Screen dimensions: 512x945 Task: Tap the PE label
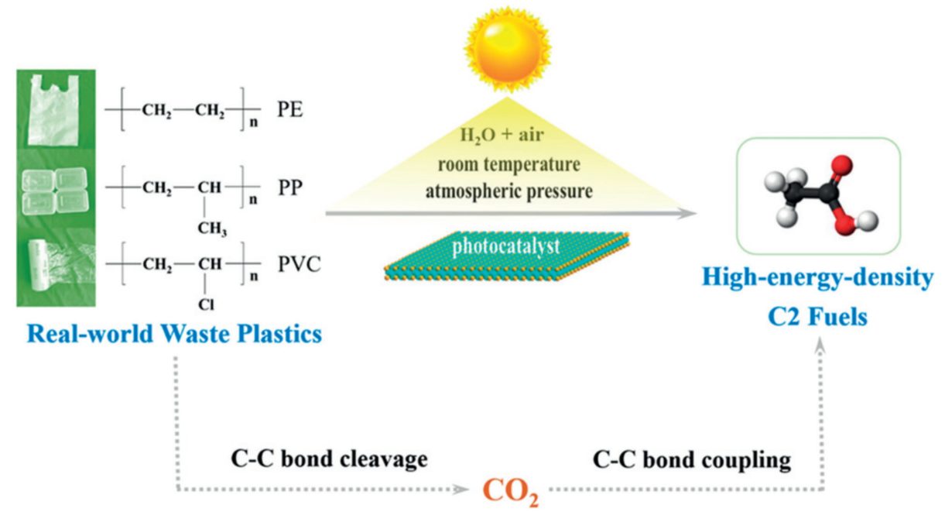pyautogui.click(x=293, y=112)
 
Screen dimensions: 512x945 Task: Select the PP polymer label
pyautogui.click(x=293, y=188)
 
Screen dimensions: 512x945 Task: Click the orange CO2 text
pyautogui.click(x=510, y=490)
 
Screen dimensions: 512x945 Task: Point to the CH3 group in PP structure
pyautogui.click(x=211, y=226)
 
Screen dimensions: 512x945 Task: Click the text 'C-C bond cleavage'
pyautogui.click(x=330, y=460)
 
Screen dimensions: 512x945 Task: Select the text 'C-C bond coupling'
pyautogui.click(x=692, y=460)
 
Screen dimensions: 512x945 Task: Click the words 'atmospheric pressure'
pyautogui.click(x=507, y=190)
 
